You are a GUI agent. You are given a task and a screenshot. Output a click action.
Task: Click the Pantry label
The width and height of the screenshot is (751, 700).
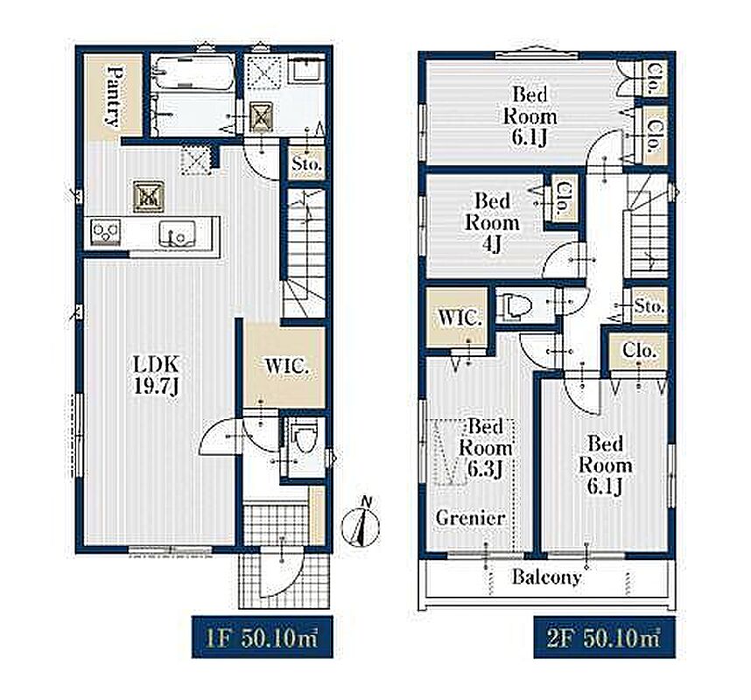tap(115, 96)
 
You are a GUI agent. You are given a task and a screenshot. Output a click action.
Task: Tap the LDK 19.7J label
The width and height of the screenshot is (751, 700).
tap(156, 375)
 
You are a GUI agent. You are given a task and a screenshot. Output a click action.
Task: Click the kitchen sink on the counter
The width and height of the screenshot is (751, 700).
tap(177, 233)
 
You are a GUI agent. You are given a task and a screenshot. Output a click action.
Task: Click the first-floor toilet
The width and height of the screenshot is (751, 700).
tap(304, 437)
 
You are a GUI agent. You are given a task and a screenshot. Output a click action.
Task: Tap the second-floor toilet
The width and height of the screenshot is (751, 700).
tap(514, 305)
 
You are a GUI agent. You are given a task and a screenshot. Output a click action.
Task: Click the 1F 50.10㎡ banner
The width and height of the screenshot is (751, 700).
tap(262, 637)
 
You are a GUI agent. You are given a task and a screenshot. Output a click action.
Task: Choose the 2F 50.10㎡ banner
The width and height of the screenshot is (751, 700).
tap(605, 637)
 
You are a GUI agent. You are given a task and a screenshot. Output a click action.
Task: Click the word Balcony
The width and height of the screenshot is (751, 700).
tap(546, 577)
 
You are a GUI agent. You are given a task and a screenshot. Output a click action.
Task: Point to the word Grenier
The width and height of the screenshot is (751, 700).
tap(470, 518)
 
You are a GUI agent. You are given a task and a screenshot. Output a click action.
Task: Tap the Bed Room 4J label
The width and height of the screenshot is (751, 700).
tap(493, 222)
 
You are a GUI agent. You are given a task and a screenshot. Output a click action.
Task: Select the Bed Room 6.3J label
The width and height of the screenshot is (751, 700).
tap(485, 448)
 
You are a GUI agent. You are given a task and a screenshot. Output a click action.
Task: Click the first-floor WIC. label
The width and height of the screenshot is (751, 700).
tap(287, 367)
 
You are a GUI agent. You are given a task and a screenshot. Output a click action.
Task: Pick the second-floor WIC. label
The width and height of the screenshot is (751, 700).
tap(460, 318)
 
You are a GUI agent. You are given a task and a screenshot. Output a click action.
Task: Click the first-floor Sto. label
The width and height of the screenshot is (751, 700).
tap(306, 164)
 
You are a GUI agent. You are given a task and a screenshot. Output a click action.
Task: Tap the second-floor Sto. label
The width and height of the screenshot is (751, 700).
tap(649, 306)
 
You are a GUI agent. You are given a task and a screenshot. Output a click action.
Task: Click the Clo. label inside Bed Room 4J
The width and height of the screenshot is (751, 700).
tap(565, 199)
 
